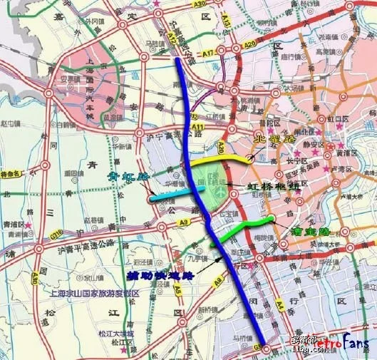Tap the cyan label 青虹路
126,175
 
